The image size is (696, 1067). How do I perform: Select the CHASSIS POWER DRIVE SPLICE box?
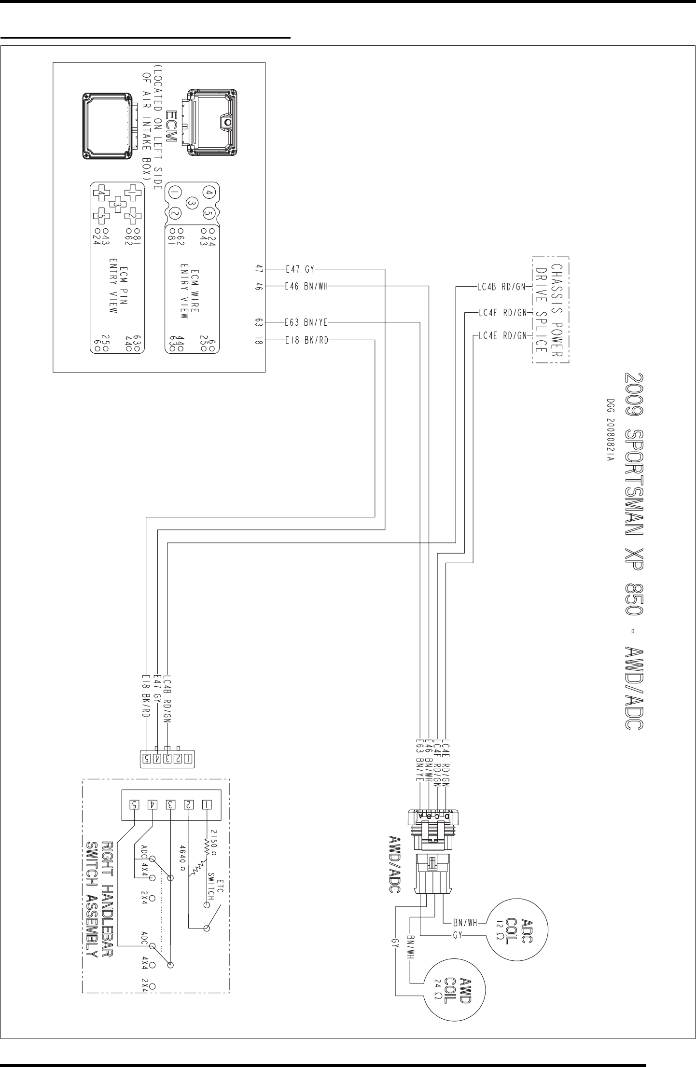point(551,309)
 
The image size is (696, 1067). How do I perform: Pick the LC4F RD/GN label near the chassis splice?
point(502,313)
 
